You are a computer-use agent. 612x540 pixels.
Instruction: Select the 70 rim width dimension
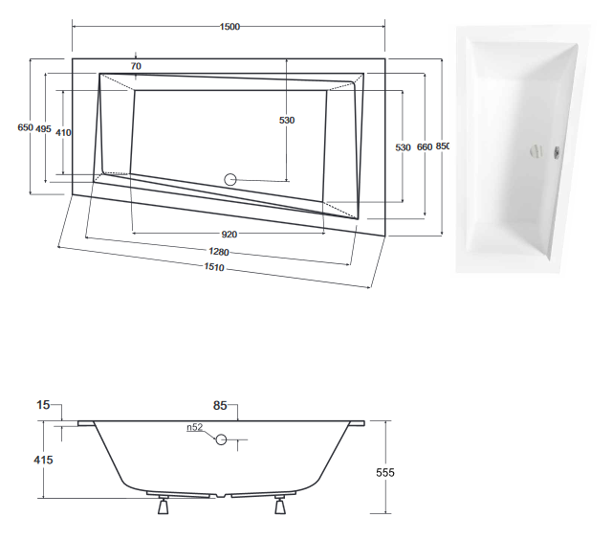pos(136,66)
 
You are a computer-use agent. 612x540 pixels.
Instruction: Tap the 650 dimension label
pos(25,127)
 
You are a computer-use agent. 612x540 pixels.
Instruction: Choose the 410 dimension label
pos(64,132)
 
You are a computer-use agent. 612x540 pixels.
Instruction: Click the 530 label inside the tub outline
pos(286,120)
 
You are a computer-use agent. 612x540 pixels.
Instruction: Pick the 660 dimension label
pos(424,146)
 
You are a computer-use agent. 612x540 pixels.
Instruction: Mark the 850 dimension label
pos(442,146)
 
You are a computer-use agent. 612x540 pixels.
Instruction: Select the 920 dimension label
pos(229,233)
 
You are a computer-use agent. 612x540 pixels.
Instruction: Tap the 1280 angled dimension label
pos(220,252)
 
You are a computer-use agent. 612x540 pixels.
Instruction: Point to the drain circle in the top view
pos(229,178)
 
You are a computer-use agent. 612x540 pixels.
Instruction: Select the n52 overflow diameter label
pos(195,428)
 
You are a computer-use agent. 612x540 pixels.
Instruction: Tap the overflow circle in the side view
pos(222,440)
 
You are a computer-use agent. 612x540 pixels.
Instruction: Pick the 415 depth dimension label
pos(42,461)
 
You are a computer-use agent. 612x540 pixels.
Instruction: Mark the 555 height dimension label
pos(385,472)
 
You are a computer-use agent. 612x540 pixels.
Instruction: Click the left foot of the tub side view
pos(162,506)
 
